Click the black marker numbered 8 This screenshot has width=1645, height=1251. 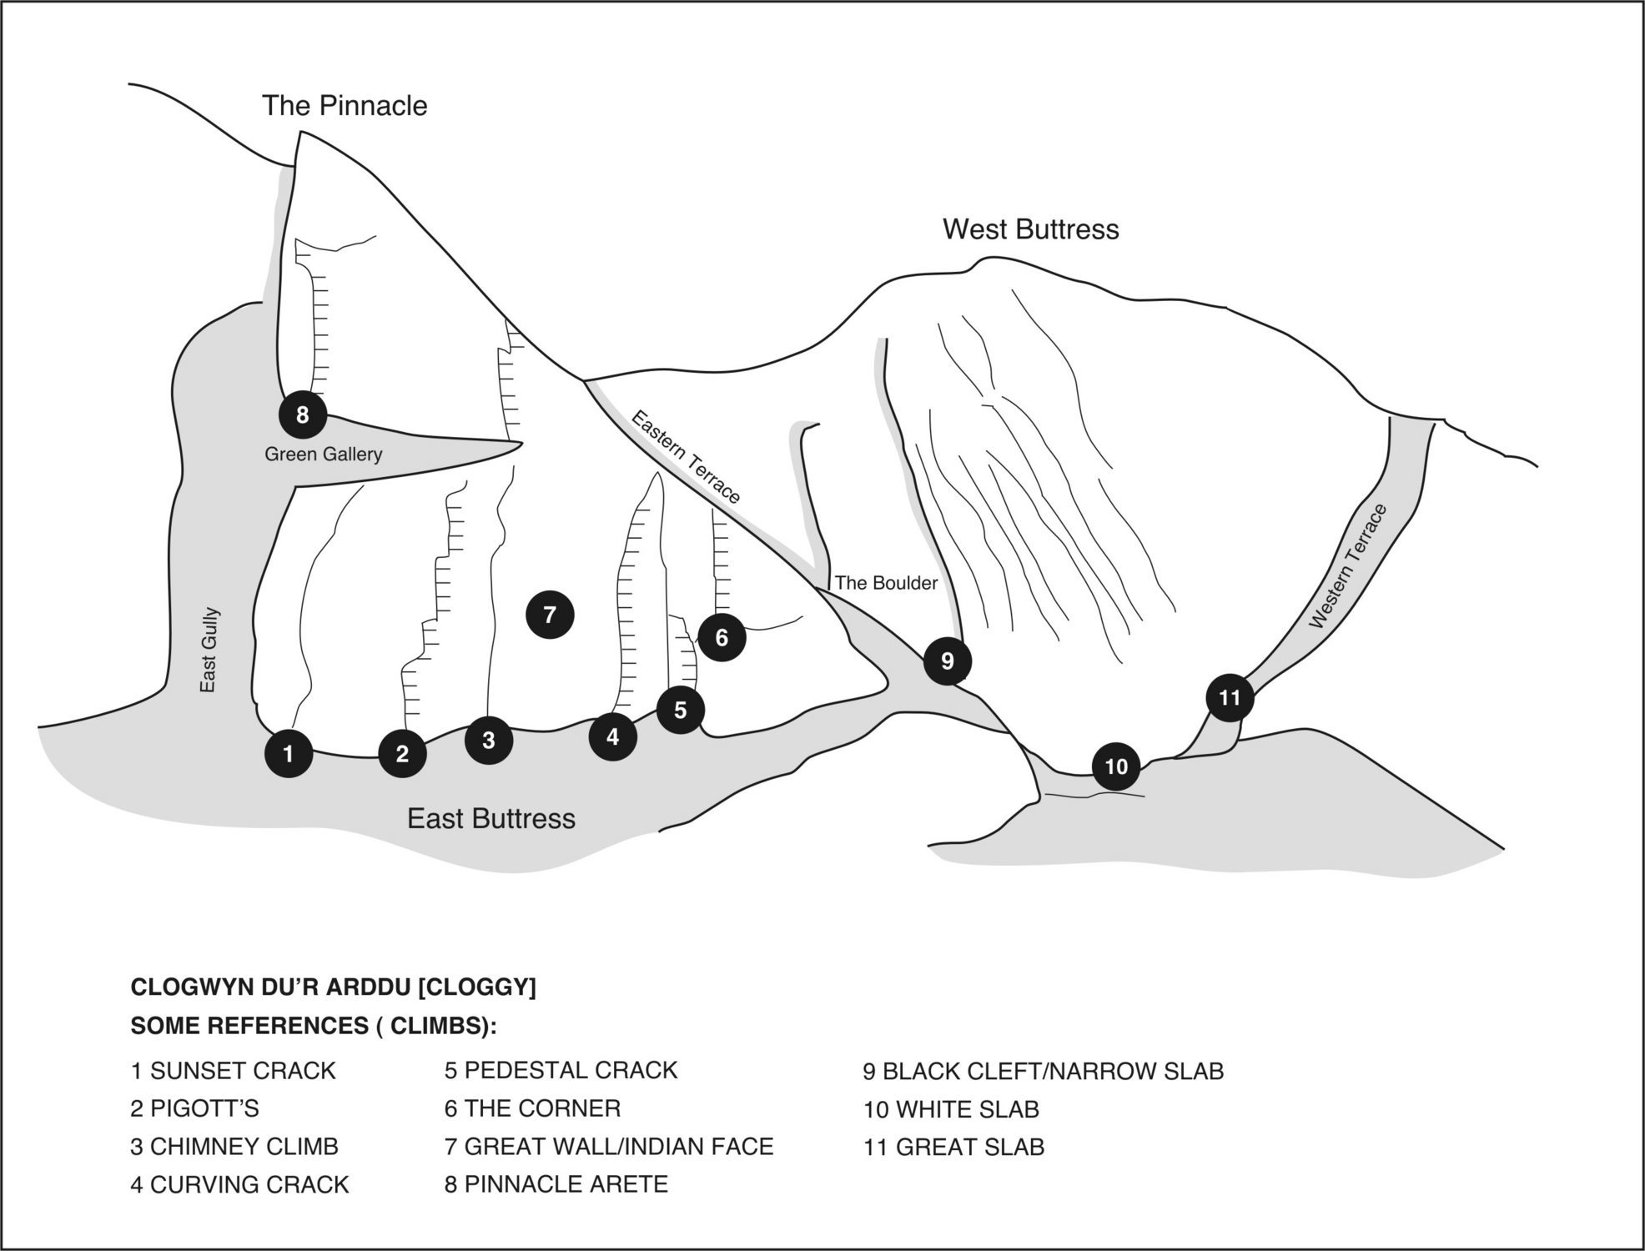302,414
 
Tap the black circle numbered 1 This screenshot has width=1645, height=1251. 289,754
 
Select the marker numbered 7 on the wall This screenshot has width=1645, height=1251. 550,615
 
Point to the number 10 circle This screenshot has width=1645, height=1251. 1116,766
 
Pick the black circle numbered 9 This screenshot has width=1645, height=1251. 947,661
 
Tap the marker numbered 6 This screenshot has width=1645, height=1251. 722,637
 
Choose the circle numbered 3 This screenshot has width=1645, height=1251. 489,739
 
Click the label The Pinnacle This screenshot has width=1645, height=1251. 345,106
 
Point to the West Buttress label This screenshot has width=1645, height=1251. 1030,229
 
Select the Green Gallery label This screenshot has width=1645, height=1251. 323,455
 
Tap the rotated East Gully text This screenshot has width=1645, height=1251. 209,650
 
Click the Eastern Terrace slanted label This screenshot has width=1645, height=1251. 685,457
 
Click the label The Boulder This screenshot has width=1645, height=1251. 886,583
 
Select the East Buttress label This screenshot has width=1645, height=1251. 490,818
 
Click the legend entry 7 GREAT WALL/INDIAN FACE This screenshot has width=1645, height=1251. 609,1147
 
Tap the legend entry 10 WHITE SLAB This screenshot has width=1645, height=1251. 951,1110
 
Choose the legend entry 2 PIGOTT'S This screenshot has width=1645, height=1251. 195,1108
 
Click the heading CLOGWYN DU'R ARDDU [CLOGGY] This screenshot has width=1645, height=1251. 333,987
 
